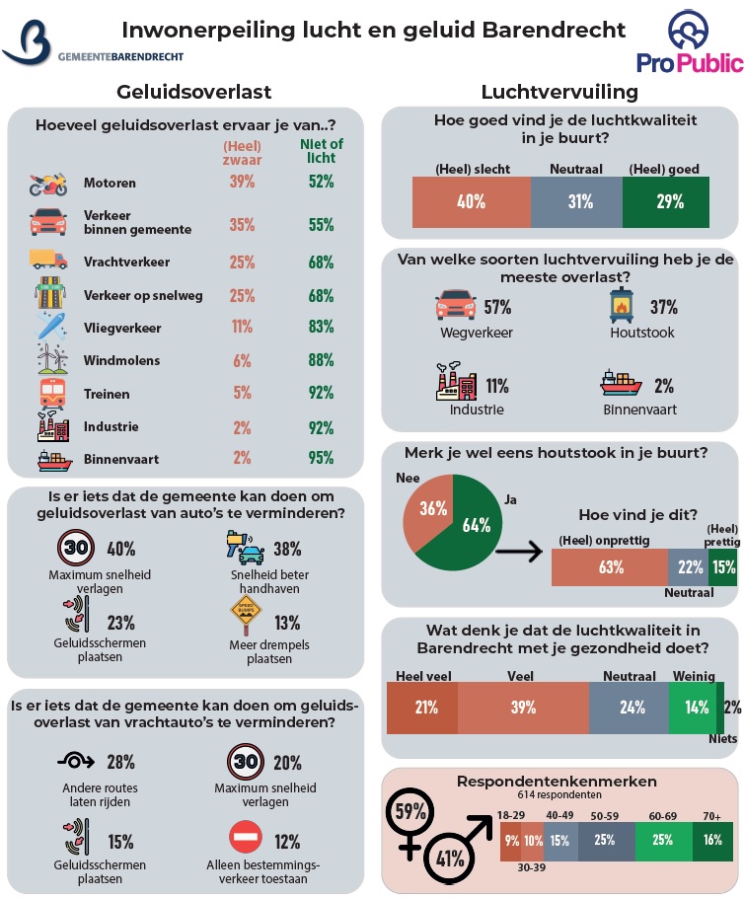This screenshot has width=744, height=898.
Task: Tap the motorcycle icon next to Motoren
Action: [x=48, y=183]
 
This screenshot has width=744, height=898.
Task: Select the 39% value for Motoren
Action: [x=242, y=182]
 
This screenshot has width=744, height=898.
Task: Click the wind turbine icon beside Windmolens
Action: [x=48, y=359]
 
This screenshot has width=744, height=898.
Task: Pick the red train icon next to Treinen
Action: [x=48, y=394]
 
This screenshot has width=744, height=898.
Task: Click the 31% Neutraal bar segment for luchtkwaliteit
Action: [x=576, y=202]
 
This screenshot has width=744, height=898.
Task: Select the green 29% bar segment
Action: [x=669, y=202]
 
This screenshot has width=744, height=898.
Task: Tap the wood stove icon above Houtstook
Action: [x=624, y=307]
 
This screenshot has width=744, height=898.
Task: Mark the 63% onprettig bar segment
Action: [x=610, y=566]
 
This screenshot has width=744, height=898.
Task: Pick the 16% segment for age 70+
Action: [x=711, y=841]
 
